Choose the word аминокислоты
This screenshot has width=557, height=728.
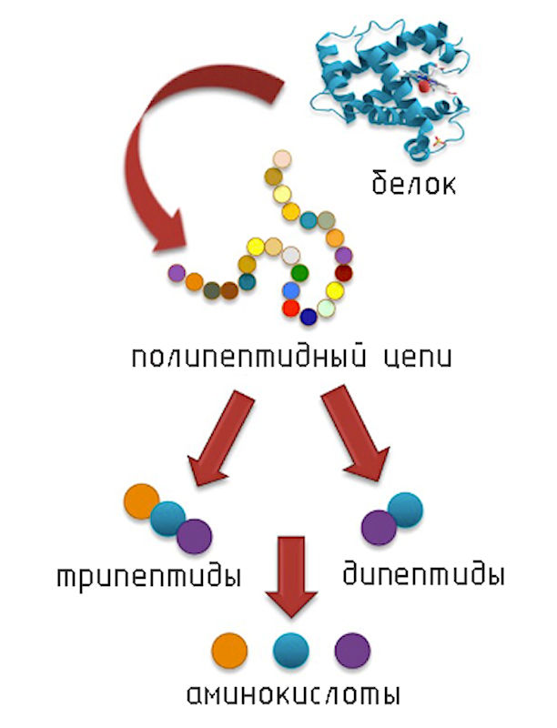pyautogui.click(x=292, y=696)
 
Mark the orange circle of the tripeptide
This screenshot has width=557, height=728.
pyautogui.click(x=141, y=502)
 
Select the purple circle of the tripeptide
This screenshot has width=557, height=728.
pyautogui.click(x=194, y=535)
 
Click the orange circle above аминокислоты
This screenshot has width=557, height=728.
pyautogui.click(x=229, y=651)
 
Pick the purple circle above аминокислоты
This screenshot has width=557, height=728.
pyautogui.click(x=352, y=651)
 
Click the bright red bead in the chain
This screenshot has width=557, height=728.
pyautogui.click(x=290, y=308)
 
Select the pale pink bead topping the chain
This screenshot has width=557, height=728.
pyautogui.click(x=282, y=159)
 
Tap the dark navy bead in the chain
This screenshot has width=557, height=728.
pyautogui.click(x=308, y=317)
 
